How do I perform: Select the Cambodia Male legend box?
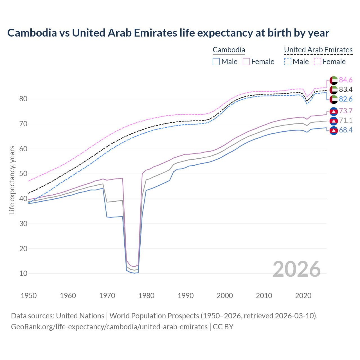tap(216, 62)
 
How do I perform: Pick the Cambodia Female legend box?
tap(246, 62)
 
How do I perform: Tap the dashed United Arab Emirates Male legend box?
tap(287, 62)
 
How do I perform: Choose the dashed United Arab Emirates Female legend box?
tap(317, 62)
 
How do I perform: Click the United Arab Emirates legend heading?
tap(318, 50)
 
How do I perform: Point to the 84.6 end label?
tap(346, 80)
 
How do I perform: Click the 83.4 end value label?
tap(346, 90)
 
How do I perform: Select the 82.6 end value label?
tap(346, 99)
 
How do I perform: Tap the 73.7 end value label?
tap(346, 111)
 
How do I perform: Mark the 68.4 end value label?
tap(346, 130)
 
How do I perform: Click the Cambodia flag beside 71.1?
tap(334, 121)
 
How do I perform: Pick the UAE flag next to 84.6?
tap(334, 80)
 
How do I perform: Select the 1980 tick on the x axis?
tap(147, 296)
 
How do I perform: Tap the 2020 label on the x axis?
tap(303, 296)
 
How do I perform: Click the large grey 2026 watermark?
tap(297, 269)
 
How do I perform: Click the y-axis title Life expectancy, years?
tap(12, 180)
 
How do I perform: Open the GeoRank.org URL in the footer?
tap(109, 327)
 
